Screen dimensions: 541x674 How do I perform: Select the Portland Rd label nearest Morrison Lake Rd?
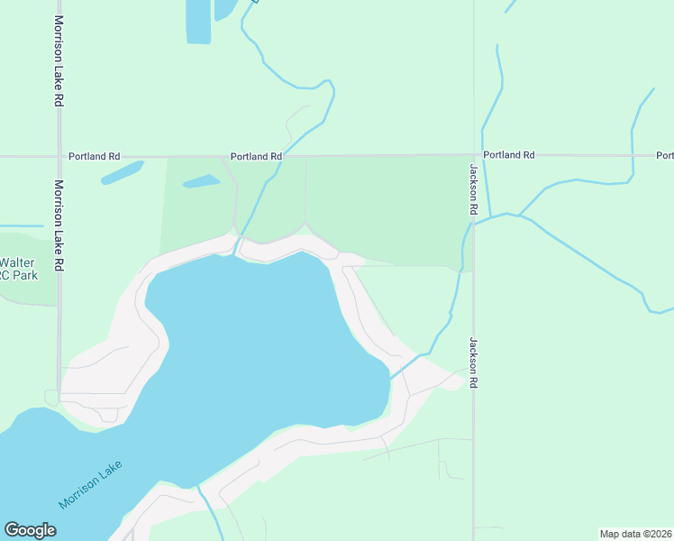tap(95, 156)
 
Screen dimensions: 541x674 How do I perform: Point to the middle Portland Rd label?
tap(256, 156)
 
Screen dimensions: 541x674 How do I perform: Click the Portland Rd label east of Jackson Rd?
tap(509, 155)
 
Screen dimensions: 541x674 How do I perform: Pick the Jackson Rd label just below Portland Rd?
tap(472, 188)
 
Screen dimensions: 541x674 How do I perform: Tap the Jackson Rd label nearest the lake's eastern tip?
tap(472, 363)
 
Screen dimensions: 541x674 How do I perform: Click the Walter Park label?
tap(19, 269)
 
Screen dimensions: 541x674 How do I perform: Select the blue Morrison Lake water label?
tap(89, 484)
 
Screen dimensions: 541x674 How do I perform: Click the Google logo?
tap(30, 530)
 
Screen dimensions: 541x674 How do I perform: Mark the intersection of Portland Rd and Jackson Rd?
tap(473, 155)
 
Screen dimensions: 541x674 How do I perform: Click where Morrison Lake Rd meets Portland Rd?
tap(59, 156)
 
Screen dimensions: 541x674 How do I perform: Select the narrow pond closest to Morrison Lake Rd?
tap(123, 172)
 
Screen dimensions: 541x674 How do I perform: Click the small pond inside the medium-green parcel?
tap(201, 181)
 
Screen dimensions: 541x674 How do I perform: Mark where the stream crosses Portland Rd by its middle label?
tap(287, 155)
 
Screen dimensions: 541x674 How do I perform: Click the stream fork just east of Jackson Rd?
tap(519, 215)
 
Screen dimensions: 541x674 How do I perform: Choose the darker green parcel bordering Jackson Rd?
tap(387, 207)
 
